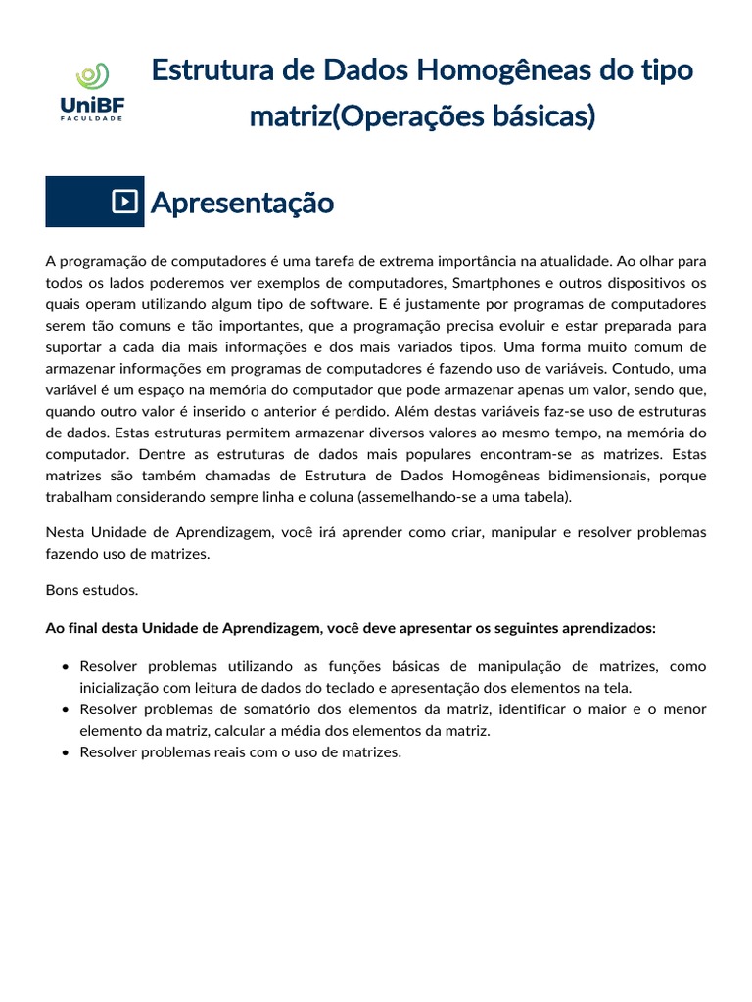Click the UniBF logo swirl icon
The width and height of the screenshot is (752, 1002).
pos(92,76)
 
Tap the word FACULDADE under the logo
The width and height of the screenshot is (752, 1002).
pos(91,118)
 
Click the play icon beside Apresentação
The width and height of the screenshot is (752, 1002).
pos(124,202)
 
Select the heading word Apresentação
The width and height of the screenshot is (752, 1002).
pos(242,203)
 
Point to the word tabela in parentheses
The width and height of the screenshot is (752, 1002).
pos(541,497)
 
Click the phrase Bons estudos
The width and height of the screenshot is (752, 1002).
pos(92,590)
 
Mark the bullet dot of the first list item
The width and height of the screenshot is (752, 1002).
pos(65,666)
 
